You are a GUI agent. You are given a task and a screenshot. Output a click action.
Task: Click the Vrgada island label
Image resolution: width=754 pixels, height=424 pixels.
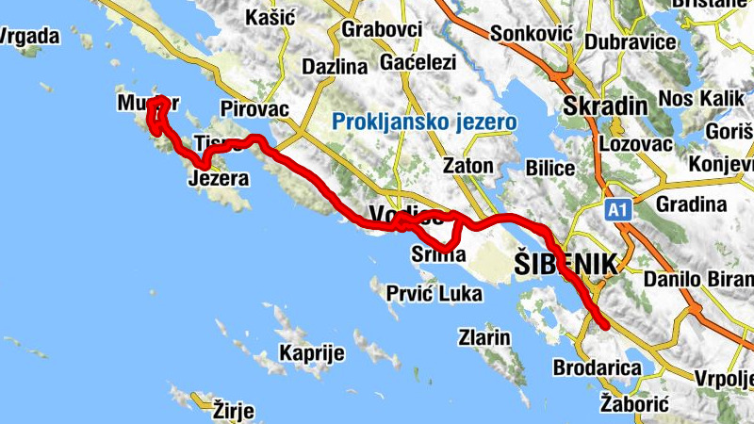30,37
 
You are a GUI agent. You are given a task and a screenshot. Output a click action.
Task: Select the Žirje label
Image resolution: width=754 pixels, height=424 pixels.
236,410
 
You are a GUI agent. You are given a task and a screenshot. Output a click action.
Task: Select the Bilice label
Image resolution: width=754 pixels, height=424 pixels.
545,168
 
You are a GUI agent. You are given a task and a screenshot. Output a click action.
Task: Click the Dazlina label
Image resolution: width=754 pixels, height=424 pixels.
334,67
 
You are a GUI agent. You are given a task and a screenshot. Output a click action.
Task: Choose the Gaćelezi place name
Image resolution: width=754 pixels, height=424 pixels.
418,63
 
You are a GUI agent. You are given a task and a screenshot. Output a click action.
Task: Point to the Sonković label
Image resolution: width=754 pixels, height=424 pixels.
532,32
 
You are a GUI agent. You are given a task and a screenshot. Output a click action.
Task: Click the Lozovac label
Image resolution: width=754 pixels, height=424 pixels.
635,144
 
